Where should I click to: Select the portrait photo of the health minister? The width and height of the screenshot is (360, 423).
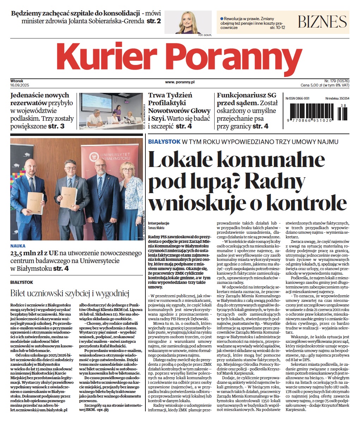coord(188,22)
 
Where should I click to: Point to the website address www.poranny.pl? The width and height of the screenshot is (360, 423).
coord(180,82)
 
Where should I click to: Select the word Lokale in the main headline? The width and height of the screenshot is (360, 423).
coord(183,161)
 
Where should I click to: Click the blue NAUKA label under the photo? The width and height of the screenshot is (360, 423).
coord(18,246)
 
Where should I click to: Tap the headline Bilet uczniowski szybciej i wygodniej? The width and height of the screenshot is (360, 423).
coord(70,293)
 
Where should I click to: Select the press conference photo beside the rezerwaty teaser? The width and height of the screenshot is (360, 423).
coord(111,111)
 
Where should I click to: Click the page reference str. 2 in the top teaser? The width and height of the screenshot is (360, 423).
coord(154,21)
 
